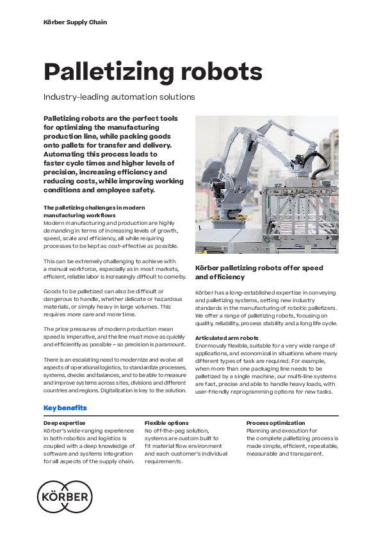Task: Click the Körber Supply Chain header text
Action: click(75, 22)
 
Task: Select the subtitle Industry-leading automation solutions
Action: click(118, 97)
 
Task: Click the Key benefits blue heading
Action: click(65, 408)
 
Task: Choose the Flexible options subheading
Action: click(166, 423)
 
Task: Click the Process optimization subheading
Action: click(276, 423)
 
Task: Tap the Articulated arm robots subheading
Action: click(227, 337)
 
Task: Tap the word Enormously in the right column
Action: click(215, 345)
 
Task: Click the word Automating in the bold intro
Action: click(68, 155)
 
